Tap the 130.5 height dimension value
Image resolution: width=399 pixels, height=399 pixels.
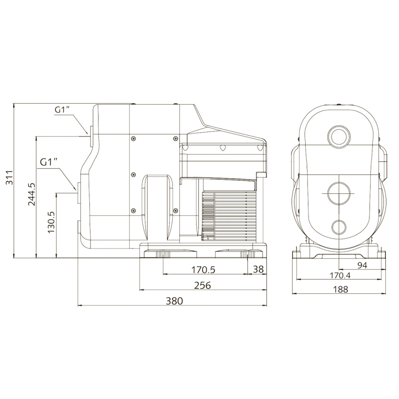(51, 221)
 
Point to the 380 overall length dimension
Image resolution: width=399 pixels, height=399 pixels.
(175, 301)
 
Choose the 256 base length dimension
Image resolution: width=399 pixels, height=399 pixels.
(203, 286)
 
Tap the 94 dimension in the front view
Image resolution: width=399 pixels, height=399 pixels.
(362, 265)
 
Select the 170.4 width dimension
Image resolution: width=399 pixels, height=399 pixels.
(340, 275)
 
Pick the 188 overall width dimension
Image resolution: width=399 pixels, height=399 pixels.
(340, 289)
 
